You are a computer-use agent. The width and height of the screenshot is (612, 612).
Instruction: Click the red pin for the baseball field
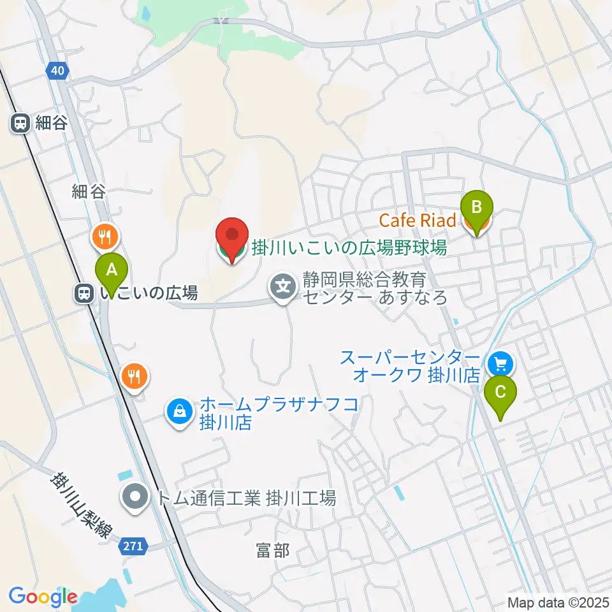[x=231, y=240]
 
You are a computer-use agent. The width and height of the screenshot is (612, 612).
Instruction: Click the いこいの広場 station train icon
[x=84, y=293]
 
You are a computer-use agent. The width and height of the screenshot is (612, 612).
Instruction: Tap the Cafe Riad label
[x=418, y=221]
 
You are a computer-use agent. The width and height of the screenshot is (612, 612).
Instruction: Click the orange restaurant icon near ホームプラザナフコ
[x=135, y=376]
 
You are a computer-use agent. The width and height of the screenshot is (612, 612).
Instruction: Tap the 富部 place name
[x=273, y=551]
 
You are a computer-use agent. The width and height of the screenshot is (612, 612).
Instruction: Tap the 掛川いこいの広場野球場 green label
[x=349, y=248]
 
